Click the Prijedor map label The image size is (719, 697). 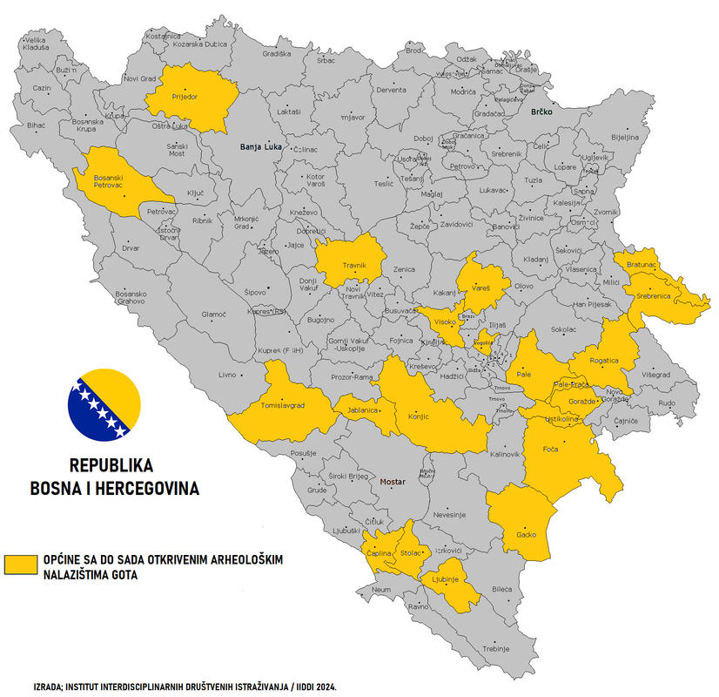point(185,97)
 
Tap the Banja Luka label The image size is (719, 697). point(260,147)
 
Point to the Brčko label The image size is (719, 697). point(542,112)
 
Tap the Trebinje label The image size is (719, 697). point(496,649)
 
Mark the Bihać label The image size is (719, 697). point(36,125)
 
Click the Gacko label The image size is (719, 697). point(527,534)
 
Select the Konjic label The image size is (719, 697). point(419,416)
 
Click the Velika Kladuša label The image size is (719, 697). point(36,44)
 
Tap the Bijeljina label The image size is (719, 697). point(625,137)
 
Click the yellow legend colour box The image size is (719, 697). point(21,564)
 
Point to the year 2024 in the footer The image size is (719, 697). point(322,687)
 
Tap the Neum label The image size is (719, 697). point(381,590)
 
